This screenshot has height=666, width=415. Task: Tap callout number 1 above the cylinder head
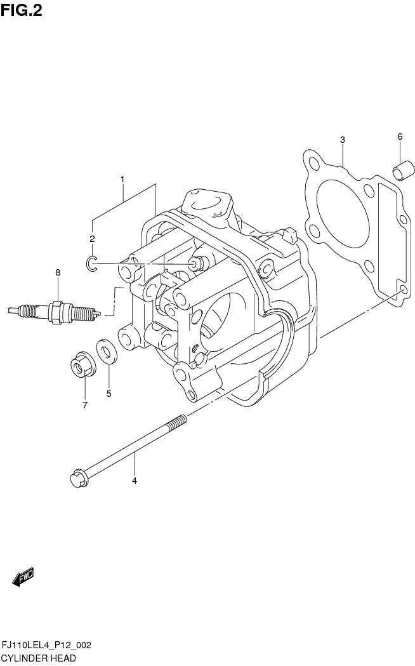point(122,180)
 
